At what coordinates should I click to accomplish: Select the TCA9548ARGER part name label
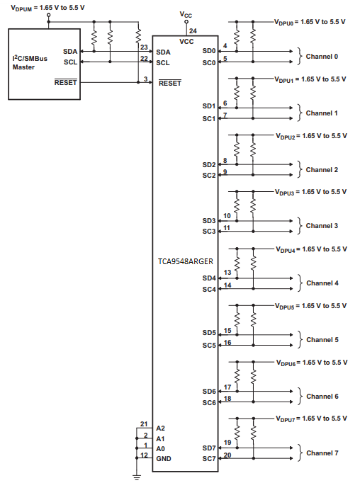[x=186, y=261]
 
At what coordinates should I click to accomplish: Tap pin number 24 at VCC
[x=193, y=30]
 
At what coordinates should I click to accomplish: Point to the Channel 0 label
[x=322, y=57]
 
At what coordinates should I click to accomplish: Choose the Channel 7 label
[x=322, y=453]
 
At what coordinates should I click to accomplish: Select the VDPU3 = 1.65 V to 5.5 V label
[x=310, y=192]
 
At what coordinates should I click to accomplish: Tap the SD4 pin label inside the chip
[x=208, y=278]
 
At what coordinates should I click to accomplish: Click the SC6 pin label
[x=208, y=402]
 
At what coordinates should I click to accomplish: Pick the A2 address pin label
[x=161, y=428]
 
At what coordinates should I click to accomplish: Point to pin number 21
[x=144, y=424]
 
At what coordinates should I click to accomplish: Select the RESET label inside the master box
[x=65, y=82]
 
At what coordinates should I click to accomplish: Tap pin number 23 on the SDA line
[x=144, y=47]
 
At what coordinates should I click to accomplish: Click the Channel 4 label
[x=322, y=283]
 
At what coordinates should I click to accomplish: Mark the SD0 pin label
[x=208, y=51]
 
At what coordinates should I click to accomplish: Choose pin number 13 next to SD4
[x=227, y=273]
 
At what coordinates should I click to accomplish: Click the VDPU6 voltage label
[x=310, y=362]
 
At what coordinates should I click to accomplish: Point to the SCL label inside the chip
[x=163, y=62]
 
